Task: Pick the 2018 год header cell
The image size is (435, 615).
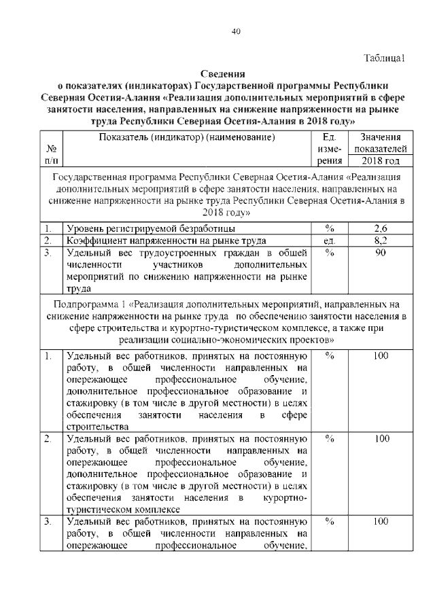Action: (x=381, y=162)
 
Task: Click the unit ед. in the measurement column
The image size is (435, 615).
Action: (x=331, y=241)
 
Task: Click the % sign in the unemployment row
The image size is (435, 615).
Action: (x=331, y=228)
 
